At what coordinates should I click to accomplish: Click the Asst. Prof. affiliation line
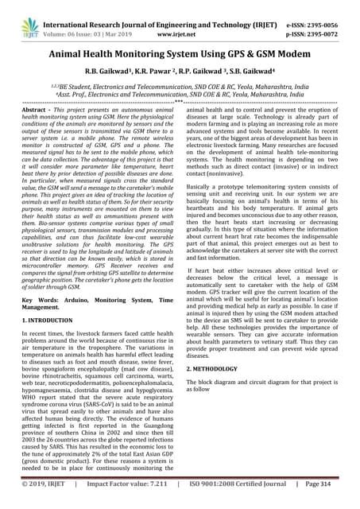pos(180,93)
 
